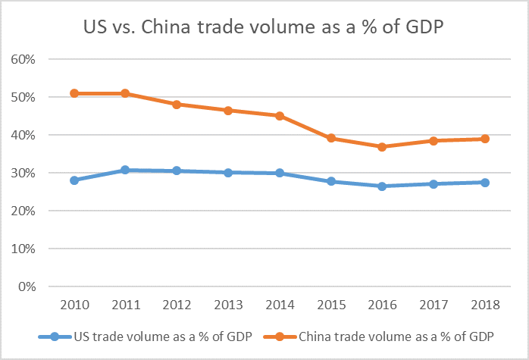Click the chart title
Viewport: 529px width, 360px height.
[x=264, y=27]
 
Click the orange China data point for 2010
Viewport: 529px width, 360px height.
[x=74, y=93]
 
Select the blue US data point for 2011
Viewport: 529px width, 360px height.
[x=125, y=170]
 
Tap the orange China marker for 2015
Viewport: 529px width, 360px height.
[x=331, y=139]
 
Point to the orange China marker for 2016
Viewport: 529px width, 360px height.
[x=382, y=147]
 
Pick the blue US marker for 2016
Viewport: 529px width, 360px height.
[x=382, y=186]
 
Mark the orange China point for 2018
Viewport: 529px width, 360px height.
[x=485, y=139]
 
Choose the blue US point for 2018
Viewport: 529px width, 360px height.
[x=485, y=183]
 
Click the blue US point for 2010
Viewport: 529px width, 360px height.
[x=74, y=180]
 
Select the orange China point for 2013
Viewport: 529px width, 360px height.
[x=228, y=111]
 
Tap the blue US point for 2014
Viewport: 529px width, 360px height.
[x=280, y=173]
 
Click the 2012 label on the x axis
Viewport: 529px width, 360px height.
[x=177, y=306]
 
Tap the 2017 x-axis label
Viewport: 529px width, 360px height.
[x=434, y=306]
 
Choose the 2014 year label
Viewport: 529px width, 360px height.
[x=280, y=306]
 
